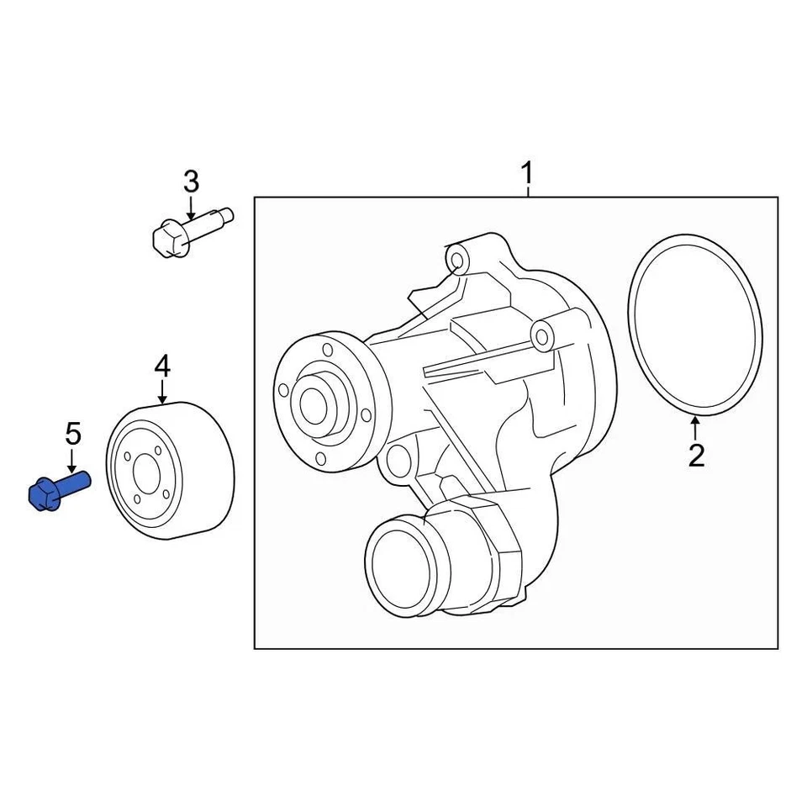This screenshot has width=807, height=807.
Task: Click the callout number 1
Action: pyautogui.click(x=526, y=175)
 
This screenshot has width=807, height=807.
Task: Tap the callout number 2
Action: pyautogui.click(x=696, y=455)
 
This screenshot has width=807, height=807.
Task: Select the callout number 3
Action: pyautogui.click(x=191, y=181)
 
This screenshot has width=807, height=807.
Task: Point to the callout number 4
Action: pyautogui.click(x=162, y=366)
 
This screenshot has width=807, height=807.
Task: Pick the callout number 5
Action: pyautogui.click(x=73, y=435)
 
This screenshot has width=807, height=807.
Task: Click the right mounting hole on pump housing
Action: pyautogui.click(x=543, y=336)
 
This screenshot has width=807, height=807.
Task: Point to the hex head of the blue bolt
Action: pyautogui.click(x=43, y=495)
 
